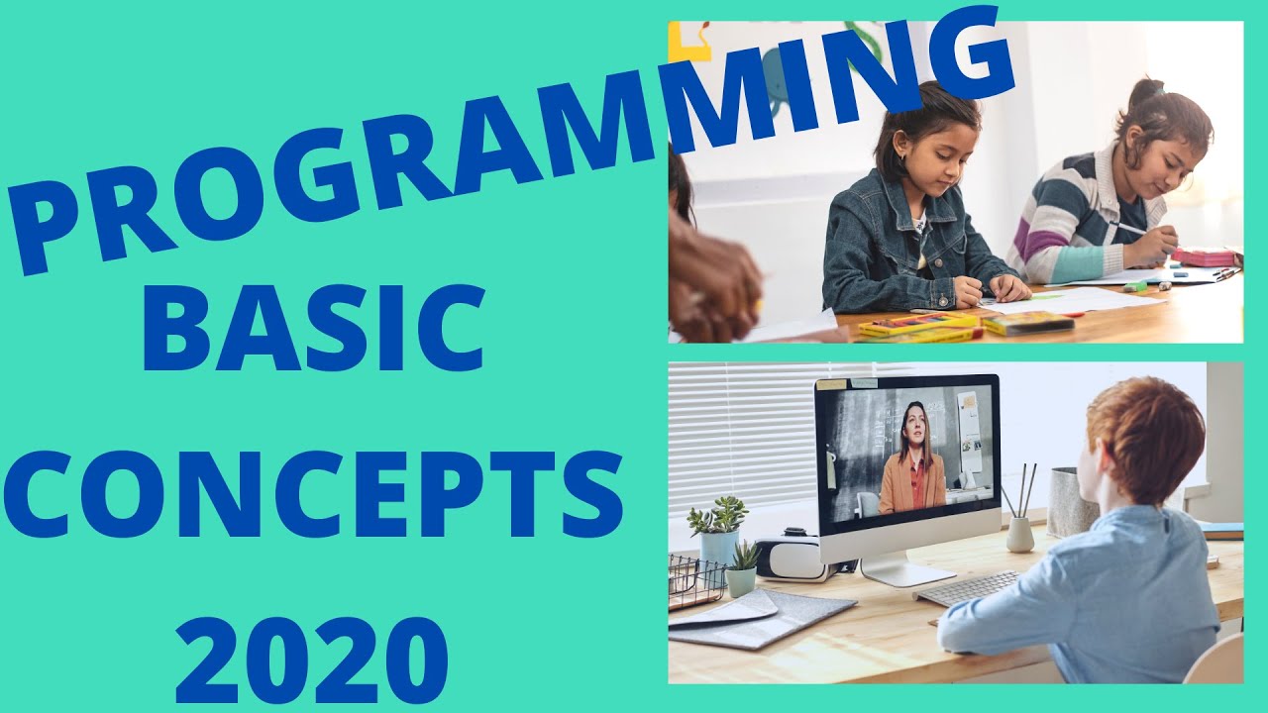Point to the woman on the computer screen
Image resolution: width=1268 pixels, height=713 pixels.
[x=911, y=460]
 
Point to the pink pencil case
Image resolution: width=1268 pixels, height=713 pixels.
[x=1204, y=256]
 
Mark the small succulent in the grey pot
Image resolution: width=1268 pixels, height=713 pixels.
[x=742, y=570]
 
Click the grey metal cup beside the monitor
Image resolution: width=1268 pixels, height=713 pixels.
[x=1070, y=505]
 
